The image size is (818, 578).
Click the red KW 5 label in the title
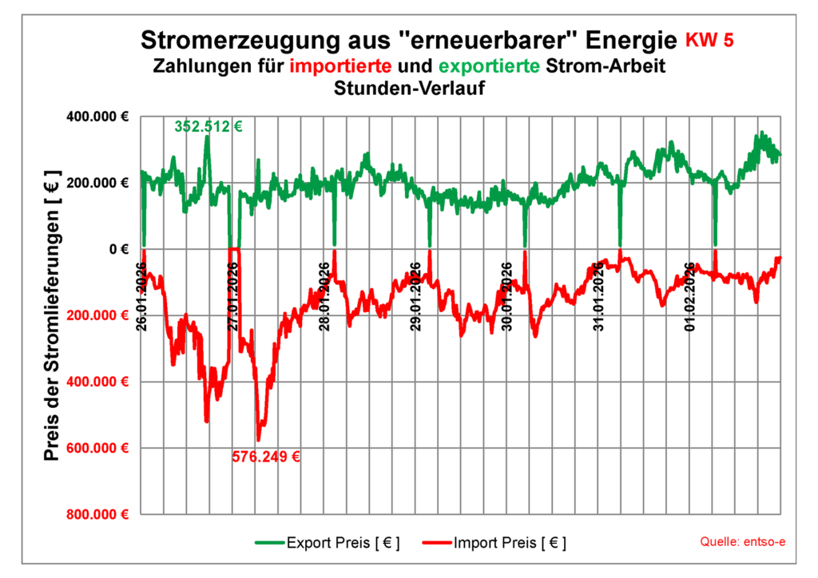click(716, 38)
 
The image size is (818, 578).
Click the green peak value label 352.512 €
click(208, 125)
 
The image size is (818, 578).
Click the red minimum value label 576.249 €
click(266, 457)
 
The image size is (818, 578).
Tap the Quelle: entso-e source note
click(742, 543)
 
